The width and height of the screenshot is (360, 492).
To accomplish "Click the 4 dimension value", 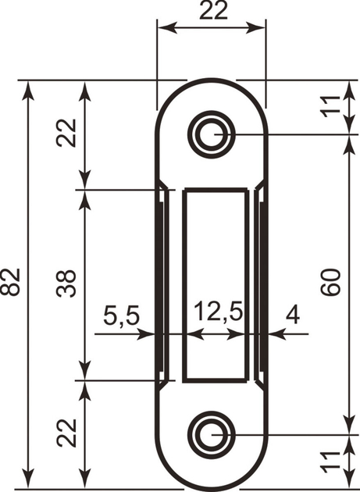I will tap(293, 315).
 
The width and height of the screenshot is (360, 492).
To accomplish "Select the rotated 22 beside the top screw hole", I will tap(66, 134).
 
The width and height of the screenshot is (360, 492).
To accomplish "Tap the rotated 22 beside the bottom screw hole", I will tap(66, 432).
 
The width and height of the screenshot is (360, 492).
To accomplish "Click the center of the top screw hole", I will tap(211, 134).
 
